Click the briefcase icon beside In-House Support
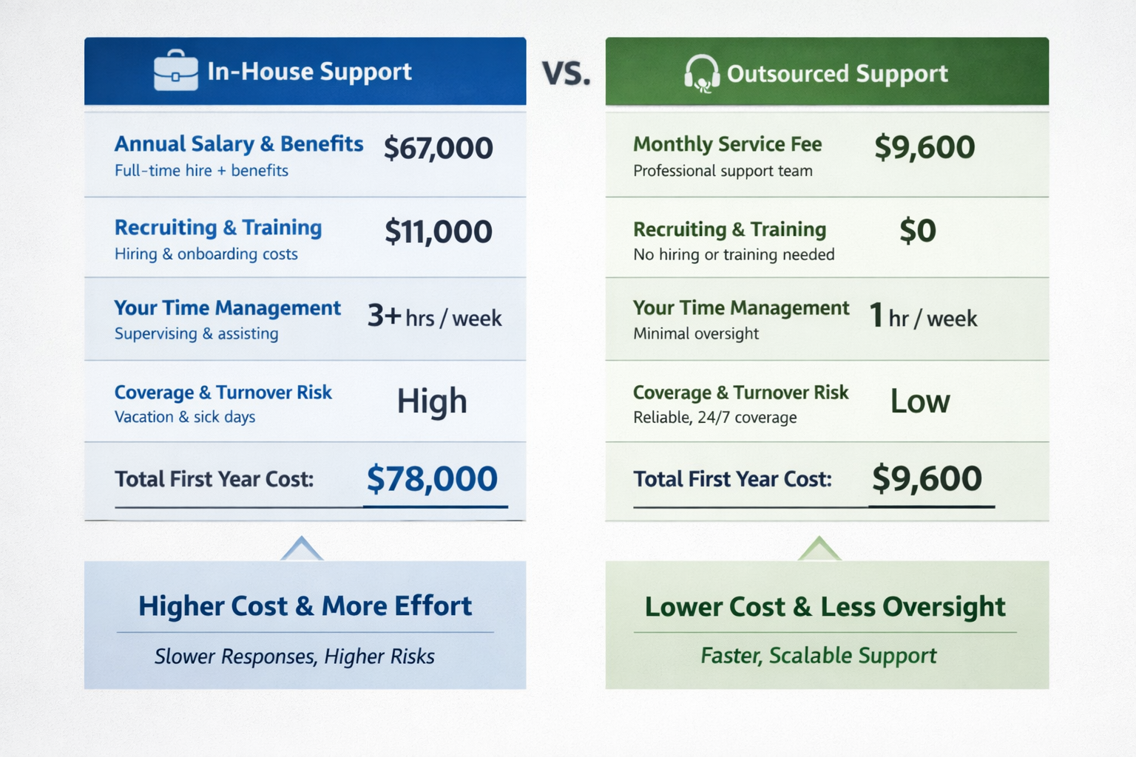[176, 71]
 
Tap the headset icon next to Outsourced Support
[701, 73]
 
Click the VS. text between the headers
[566, 73]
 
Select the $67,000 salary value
[438, 149]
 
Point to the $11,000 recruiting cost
[438, 232]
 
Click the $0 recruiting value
[917, 231]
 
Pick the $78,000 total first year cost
[432, 479]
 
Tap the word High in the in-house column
[432, 401]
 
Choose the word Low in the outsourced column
[919, 401]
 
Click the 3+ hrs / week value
[435, 317]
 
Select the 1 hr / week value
[923, 317]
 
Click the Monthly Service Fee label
[727, 144]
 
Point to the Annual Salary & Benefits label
[238, 144]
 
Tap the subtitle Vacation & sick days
[185, 417]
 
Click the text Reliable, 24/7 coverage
[714, 418]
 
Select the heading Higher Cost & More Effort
[305, 606]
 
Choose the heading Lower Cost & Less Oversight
[825, 607]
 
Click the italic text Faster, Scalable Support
[818, 656]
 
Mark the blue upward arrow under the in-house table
[302, 549]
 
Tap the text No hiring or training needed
[734, 255]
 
